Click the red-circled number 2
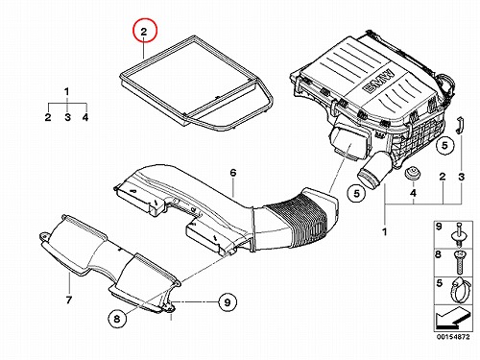(x=145, y=31)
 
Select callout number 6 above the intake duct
(x=233, y=173)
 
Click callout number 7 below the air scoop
(x=69, y=300)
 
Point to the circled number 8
(x=117, y=318)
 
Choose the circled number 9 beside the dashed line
(x=228, y=302)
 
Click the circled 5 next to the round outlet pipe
(x=357, y=193)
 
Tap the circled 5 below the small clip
(x=445, y=146)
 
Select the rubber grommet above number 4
(x=412, y=174)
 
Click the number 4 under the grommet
(x=413, y=193)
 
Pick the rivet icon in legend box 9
(x=459, y=234)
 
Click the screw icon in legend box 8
(x=459, y=262)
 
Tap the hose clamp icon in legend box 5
(x=459, y=290)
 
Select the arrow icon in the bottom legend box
(x=451, y=318)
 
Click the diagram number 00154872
(x=453, y=337)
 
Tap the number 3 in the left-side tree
(x=67, y=117)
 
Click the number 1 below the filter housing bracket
(x=384, y=231)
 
